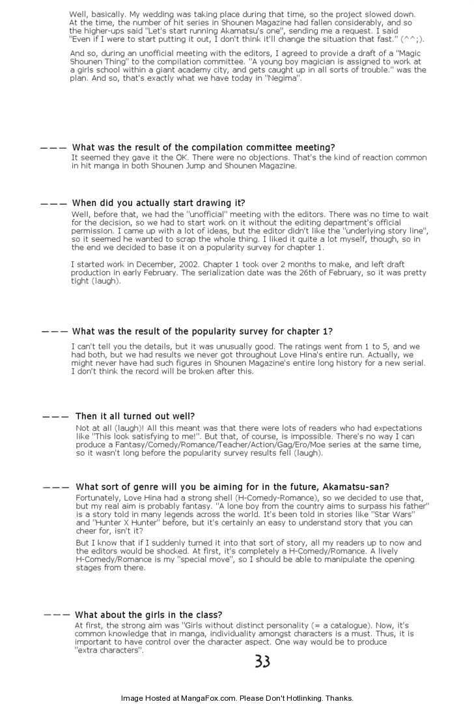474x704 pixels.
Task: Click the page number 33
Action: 262,662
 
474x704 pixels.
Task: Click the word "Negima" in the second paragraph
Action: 286,78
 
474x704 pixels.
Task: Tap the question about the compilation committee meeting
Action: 204,148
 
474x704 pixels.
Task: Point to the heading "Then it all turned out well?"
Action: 135,416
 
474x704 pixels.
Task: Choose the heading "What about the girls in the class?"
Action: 148,615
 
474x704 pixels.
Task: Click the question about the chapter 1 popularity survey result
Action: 202,332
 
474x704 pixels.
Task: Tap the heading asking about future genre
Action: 232,487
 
